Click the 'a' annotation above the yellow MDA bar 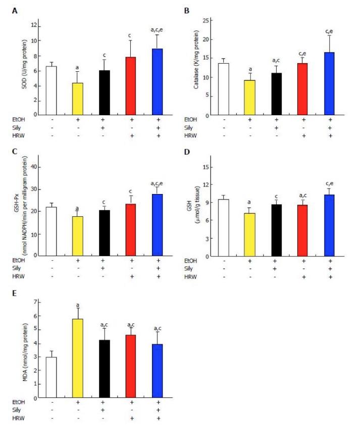[x=77, y=305]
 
